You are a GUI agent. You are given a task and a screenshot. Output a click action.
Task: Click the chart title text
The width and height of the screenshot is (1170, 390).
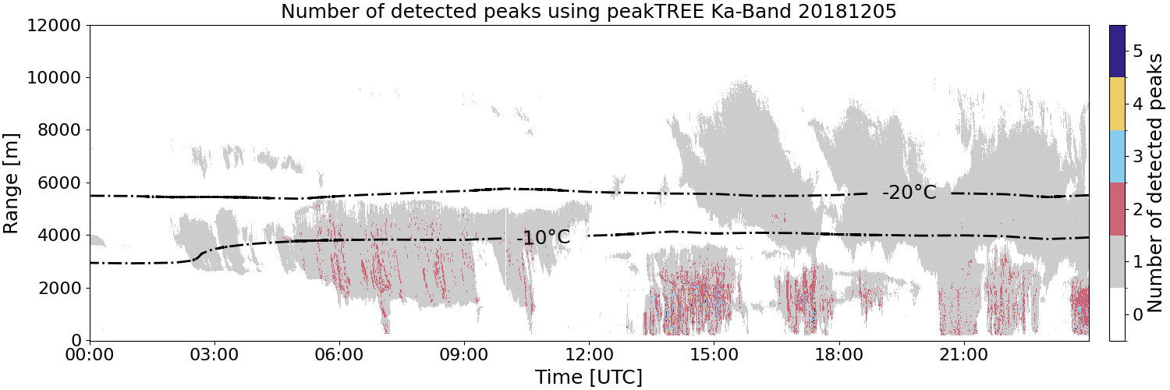[x=589, y=11]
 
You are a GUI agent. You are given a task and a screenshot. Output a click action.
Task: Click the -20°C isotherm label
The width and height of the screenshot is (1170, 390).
[x=909, y=193]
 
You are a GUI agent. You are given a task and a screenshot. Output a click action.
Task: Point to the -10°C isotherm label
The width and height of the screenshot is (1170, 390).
[x=543, y=238]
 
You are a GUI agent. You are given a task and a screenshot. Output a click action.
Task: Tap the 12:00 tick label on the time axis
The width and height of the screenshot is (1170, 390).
[x=589, y=355]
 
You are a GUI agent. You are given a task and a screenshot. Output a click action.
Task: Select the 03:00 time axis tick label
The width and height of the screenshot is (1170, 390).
[x=214, y=355]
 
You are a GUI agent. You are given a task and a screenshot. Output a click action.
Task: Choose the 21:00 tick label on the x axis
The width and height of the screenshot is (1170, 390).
[x=963, y=355]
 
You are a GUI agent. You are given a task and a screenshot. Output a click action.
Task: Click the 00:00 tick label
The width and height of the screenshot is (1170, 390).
[x=90, y=355]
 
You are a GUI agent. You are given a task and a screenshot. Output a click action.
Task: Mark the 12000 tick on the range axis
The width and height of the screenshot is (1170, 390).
[x=54, y=26]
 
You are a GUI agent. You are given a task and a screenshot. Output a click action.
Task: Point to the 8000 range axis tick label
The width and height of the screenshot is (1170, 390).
[x=59, y=130]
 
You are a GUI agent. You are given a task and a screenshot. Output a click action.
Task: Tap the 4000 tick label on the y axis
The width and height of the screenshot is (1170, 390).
[x=59, y=236]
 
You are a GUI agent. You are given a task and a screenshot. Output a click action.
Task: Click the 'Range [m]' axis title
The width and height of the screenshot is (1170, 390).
[x=11, y=183]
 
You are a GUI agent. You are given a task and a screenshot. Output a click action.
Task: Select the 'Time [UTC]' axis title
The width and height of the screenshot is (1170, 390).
[x=589, y=377]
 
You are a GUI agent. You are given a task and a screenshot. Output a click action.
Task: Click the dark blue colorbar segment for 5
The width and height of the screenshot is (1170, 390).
[x=1117, y=51]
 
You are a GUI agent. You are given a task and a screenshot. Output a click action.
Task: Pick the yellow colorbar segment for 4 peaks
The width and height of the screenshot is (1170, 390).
[x=1117, y=104]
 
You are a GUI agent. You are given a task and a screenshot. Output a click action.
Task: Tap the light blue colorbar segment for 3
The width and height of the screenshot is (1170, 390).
[x=1117, y=157]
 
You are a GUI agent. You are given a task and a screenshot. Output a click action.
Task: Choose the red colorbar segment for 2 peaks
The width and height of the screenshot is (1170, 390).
[x=1117, y=209]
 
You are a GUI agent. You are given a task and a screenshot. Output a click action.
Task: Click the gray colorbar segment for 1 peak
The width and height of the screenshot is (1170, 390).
[x=1117, y=261]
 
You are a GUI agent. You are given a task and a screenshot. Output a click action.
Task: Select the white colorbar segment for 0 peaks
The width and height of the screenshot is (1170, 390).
[x=1117, y=314]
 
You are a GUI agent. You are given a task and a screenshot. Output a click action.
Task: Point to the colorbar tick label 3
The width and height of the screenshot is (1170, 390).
[x=1137, y=157]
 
